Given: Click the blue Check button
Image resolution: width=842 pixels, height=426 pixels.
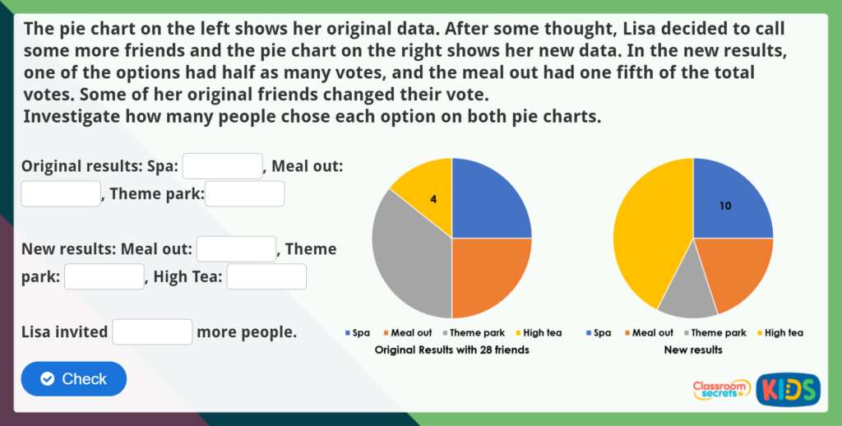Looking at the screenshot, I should (74, 379).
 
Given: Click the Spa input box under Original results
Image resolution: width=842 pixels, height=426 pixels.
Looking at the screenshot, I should (222, 166).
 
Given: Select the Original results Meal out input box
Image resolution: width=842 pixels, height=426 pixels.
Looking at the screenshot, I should (61, 194).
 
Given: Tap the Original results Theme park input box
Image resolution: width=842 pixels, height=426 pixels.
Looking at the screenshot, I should (244, 194).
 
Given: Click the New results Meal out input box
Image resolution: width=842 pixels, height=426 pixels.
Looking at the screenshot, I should (236, 249).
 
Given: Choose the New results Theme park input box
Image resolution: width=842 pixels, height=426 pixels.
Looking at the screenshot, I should (104, 277).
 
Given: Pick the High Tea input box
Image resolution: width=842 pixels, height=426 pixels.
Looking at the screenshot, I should (266, 277).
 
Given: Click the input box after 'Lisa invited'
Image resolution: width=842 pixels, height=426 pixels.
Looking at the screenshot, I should (152, 332).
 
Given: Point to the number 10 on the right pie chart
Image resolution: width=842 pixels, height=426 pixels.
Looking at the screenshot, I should (724, 206).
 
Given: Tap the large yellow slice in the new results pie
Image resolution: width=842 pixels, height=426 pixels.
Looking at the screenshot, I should (650, 230).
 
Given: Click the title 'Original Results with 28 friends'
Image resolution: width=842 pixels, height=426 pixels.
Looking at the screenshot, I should (451, 350).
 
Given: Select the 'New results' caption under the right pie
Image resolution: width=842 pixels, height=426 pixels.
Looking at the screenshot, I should (693, 350).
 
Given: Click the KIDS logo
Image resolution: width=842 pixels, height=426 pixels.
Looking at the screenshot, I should (788, 388).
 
